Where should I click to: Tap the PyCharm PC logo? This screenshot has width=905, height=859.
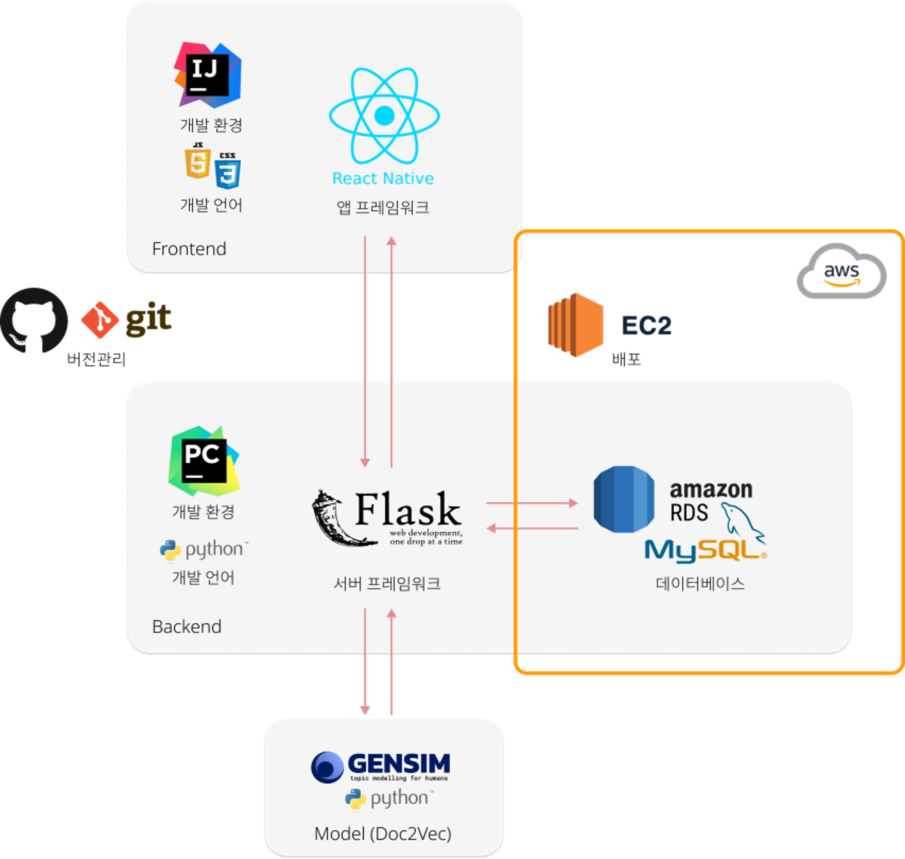(x=204, y=461)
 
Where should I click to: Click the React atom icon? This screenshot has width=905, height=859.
(x=384, y=115)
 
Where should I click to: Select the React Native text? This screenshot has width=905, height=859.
(x=383, y=178)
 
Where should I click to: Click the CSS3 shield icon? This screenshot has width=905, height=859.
(x=228, y=171)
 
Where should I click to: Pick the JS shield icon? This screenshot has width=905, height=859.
(x=198, y=161)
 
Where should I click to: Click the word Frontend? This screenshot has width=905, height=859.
(x=189, y=249)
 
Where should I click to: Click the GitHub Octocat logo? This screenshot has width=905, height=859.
(x=34, y=320)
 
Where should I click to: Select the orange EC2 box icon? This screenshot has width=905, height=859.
(x=575, y=325)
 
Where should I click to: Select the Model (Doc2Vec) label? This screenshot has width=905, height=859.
(x=383, y=833)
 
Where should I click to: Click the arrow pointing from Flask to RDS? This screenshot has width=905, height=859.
(x=531, y=503)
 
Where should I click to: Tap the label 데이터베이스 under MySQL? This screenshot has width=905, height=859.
(x=700, y=583)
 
